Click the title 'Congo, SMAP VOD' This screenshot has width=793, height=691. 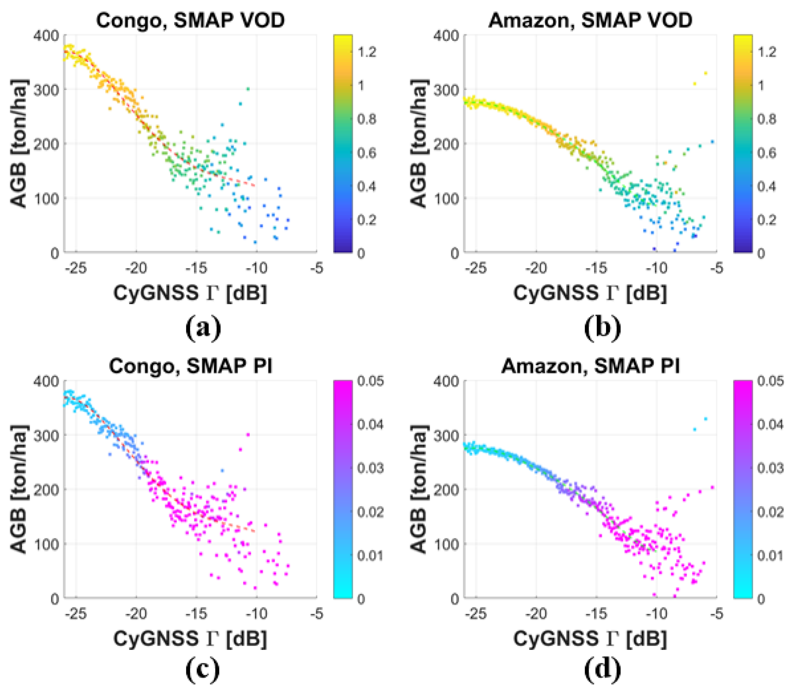point(190,20)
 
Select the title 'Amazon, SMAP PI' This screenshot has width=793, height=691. point(590,366)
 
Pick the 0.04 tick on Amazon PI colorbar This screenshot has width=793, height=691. point(770,425)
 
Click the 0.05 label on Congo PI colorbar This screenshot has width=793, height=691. point(370,381)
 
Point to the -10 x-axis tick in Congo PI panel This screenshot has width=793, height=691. point(257,614)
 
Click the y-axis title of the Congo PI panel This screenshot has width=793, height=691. point(19,490)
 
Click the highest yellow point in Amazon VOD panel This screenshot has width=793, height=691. point(705,73)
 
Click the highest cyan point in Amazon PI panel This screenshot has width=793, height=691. point(705,419)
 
